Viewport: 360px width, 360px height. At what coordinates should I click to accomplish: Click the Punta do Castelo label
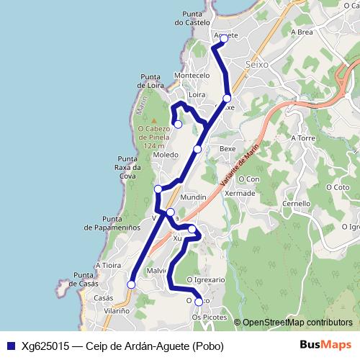[x=197, y=17]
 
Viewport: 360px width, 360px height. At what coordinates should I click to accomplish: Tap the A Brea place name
[x=301, y=32]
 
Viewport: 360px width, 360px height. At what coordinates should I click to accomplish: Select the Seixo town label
[x=257, y=64]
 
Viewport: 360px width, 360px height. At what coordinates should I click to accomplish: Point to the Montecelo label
[x=192, y=76]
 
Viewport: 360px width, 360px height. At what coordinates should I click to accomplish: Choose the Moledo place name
[x=166, y=155]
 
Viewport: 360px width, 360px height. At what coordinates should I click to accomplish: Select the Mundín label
[x=194, y=197]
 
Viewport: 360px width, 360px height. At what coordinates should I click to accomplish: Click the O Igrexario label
[x=206, y=279]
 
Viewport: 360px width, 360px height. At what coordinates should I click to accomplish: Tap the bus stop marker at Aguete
[x=223, y=39]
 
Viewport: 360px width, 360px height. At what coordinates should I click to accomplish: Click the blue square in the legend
[x=11, y=346]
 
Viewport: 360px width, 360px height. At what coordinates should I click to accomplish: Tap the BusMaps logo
[x=321, y=345]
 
